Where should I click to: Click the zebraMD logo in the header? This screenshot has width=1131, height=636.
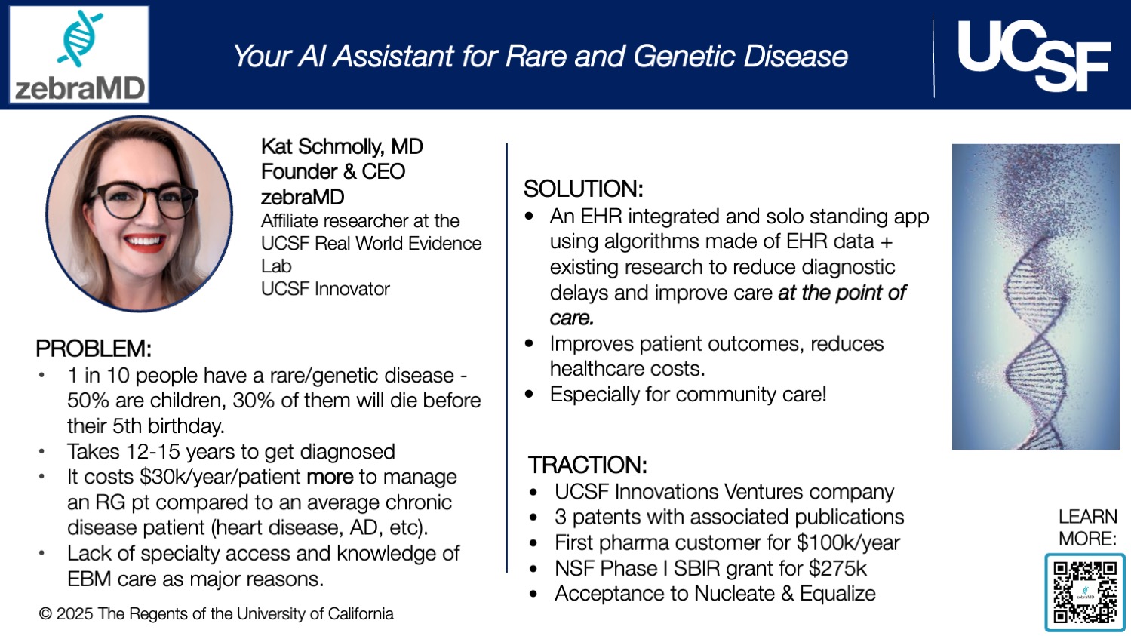coord(79,54)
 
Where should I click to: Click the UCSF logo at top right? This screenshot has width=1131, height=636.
coord(1034,55)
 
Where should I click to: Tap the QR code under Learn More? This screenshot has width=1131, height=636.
coord(1085,592)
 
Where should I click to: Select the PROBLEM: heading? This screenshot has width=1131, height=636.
coord(94,349)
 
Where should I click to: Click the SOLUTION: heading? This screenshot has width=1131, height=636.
coord(583,189)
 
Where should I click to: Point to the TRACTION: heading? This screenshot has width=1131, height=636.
coord(587,464)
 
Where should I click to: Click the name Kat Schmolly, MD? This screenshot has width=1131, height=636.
coord(342,146)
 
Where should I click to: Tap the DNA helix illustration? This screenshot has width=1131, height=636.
coord(1035,296)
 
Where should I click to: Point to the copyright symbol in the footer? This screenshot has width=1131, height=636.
coord(45,614)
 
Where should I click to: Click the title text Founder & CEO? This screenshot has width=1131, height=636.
coord(333,172)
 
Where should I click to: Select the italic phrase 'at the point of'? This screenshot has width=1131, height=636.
coord(841,293)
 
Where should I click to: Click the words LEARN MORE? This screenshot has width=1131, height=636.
coord(1087,527)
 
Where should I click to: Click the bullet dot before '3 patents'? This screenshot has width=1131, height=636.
coord(533,518)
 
